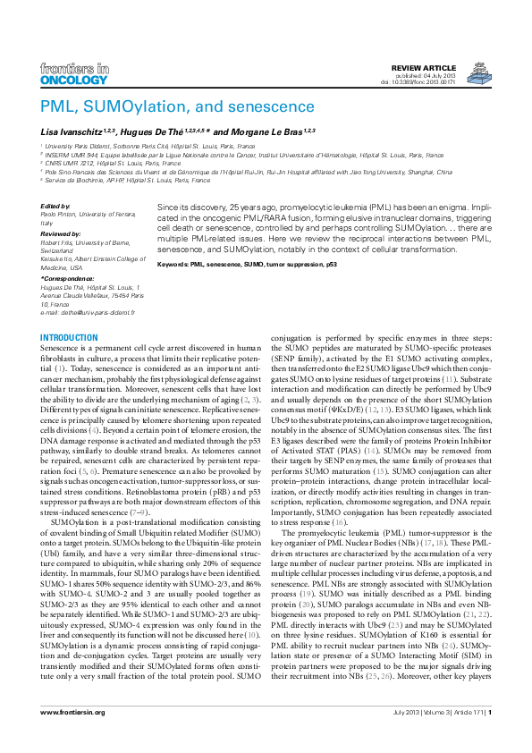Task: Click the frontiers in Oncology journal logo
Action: click(75, 73)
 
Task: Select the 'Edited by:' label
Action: click(56, 207)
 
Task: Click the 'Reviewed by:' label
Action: click(62, 229)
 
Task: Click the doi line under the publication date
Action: click(443, 83)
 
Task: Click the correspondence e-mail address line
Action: click(88, 313)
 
